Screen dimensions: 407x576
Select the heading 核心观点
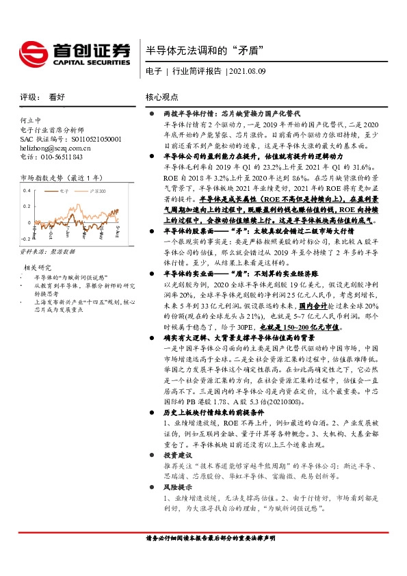click(x=163, y=97)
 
